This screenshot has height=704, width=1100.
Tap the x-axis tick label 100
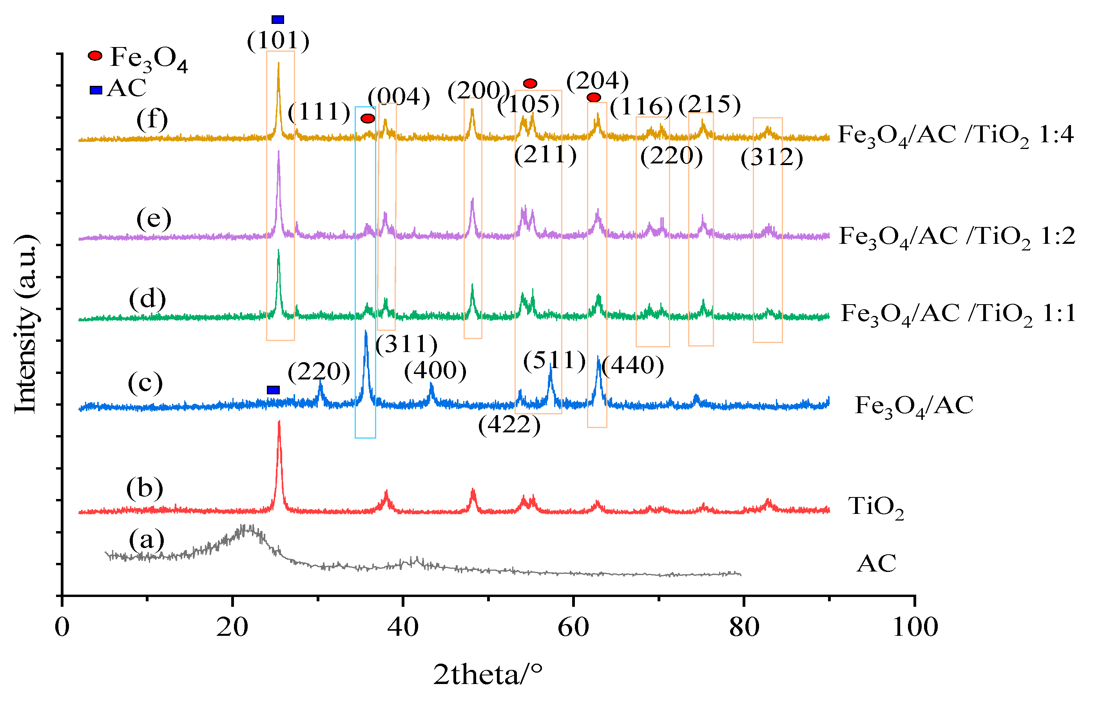click(x=915, y=628)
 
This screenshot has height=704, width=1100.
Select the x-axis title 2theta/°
click(x=487, y=675)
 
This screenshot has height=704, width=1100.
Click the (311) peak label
click(x=406, y=344)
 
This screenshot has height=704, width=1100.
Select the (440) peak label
click(x=633, y=365)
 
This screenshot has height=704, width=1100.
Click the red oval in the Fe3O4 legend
click(x=95, y=56)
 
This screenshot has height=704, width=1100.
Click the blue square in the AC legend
click(x=96, y=90)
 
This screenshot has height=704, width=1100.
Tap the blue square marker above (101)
click(x=278, y=19)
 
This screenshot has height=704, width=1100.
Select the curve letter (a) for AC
click(x=146, y=540)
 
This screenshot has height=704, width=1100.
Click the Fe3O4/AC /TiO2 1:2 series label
click(x=957, y=237)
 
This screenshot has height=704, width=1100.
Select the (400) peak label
click(x=435, y=370)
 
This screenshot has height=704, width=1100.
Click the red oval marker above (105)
click(x=530, y=83)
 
